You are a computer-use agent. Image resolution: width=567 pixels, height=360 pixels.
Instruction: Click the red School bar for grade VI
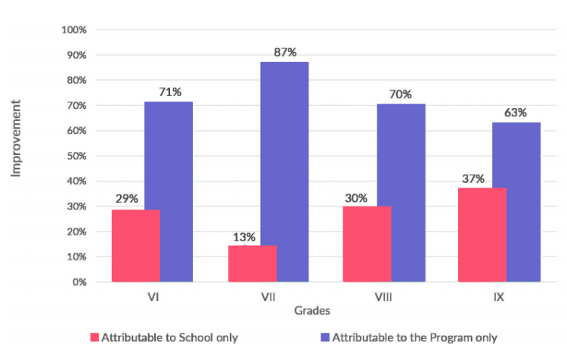[137, 246]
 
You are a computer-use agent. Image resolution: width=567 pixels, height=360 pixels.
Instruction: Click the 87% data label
[285, 51]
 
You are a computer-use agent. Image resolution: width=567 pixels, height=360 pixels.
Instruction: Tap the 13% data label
[244, 237]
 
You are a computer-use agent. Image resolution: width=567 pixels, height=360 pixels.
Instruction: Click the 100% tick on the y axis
[74, 30]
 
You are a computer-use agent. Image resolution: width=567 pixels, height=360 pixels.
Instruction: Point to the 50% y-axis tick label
[76, 156]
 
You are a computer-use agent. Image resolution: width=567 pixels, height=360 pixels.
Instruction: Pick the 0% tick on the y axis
[79, 282]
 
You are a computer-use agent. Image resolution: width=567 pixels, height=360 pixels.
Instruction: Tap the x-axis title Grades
[311, 310]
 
